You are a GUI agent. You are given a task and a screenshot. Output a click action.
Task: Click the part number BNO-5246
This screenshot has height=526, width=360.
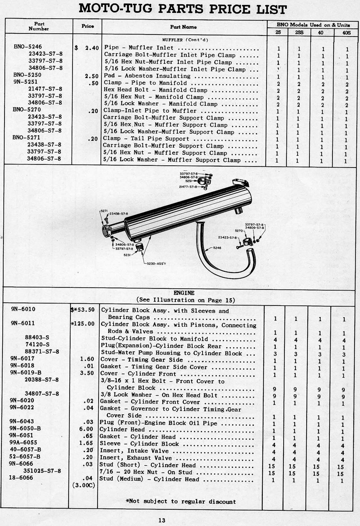coord(28,47)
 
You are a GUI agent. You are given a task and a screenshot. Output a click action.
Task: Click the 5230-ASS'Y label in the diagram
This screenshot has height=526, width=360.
coord(157,264)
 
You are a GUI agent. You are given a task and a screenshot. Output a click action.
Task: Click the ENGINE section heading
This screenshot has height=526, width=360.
coord(184,293)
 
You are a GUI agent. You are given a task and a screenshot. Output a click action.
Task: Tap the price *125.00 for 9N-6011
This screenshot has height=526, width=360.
coord(83,324)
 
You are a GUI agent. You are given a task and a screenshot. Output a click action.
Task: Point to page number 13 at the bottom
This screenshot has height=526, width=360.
coord(162,520)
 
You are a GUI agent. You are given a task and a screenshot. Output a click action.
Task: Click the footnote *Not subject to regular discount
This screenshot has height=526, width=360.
coord(181,501)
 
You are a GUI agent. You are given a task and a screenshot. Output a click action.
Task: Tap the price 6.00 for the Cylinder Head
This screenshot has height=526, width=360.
coord(86,429)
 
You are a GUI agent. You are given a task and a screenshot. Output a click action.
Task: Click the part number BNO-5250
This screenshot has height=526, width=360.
coord(27,75)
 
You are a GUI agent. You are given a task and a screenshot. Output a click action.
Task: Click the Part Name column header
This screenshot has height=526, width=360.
coord(183,27)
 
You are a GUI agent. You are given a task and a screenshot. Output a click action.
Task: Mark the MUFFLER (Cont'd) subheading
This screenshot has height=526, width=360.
coord(185,40)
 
